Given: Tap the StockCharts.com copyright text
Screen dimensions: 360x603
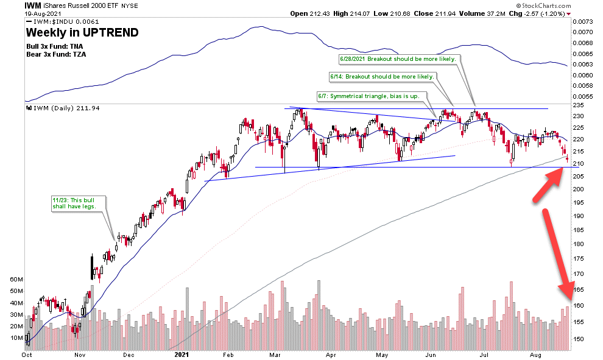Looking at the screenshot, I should pos(537,5).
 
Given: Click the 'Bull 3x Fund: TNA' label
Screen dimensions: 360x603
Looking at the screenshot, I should pos(52,46).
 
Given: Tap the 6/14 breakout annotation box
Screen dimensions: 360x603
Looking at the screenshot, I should pos(382,77).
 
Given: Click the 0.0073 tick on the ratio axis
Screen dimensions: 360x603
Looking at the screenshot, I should pos(582,21).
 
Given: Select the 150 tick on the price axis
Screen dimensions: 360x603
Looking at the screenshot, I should pos(580,339).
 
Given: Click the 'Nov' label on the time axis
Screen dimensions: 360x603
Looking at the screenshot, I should pos(80,353).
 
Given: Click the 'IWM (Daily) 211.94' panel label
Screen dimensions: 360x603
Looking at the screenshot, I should pos(64,108).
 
